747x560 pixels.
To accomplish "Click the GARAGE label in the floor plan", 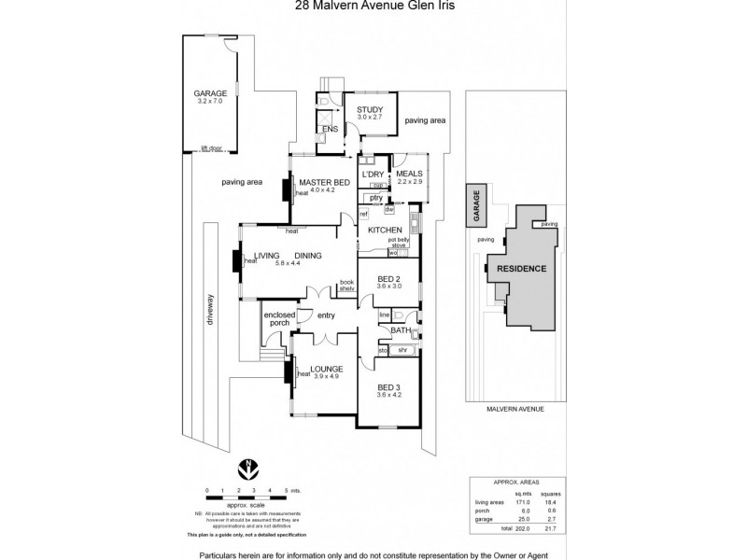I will coord(210,93).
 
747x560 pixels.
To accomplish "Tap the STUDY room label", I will coord(370,111).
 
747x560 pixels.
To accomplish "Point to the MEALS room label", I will coord(409,174).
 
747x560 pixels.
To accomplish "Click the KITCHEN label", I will coord(384,230).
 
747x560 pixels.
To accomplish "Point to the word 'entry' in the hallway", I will coord(326,316).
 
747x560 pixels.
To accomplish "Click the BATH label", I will coord(402,330).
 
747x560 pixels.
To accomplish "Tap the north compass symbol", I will coord(248,467).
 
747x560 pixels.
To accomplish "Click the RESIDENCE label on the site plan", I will coord(521,269).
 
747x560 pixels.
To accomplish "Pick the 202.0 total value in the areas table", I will coord(524,527).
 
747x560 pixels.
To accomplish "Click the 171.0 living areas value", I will coord(524,501).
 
